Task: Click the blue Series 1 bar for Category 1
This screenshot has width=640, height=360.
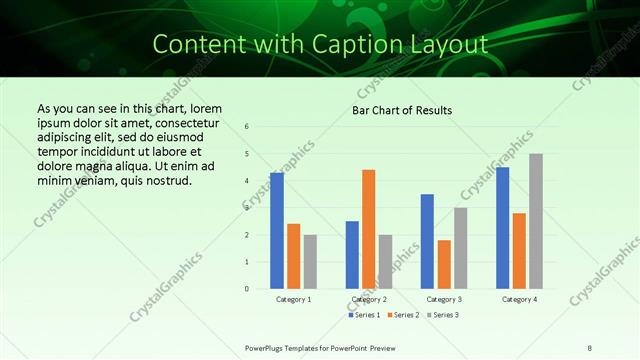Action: tap(277, 231)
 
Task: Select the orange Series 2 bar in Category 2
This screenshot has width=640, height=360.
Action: tap(368, 229)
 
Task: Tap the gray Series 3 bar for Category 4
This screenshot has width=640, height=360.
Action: tap(535, 221)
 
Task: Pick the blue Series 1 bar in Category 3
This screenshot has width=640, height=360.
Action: tap(427, 241)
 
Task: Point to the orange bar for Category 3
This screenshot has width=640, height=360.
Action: tap(444, 264)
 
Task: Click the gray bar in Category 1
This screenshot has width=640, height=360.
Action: tap(310, 262)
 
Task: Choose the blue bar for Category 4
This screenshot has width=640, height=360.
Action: tap(502, 228)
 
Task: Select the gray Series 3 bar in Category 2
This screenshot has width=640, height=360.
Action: tap(385, 262)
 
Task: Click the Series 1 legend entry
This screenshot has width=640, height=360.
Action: tap(363, 315)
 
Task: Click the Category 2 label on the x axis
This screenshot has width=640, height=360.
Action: tap(368, 299)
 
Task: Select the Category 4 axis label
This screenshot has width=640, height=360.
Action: tap(518, 299)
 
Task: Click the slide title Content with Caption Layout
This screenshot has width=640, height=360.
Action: tap(320, 44)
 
